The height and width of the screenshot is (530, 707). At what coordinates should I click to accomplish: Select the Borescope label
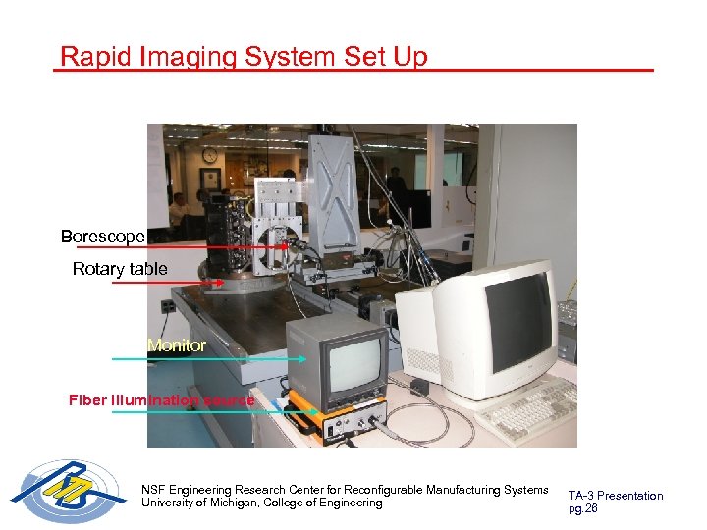point(103,237)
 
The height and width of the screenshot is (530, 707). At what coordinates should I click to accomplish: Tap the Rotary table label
point(120,269)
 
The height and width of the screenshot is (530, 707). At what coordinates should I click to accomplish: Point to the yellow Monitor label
point(177,345)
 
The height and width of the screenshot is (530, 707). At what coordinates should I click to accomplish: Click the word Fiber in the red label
point(86,399)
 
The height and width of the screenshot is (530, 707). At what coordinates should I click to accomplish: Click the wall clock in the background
point(210,155)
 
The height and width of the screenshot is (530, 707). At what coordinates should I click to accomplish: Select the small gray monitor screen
point(355,360)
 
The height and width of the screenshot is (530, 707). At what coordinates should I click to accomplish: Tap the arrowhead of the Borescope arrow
point(289,248)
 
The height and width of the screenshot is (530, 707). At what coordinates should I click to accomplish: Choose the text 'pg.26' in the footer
point(583,508)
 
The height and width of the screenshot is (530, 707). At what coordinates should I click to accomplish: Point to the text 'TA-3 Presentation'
point(616,496)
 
